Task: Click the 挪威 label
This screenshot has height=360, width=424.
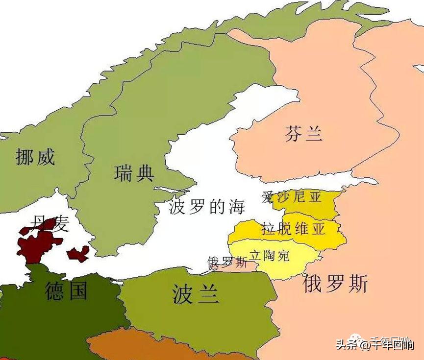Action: (35, 157)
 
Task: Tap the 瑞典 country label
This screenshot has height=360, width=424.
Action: (134, 173)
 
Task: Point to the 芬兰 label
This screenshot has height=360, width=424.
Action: (304, 134)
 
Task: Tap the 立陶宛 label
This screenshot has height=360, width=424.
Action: (270, 255)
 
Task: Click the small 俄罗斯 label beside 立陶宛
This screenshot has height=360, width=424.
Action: (227, 262)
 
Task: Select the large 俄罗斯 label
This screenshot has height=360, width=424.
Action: (335, 284)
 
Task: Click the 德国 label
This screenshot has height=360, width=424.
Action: (66, 290)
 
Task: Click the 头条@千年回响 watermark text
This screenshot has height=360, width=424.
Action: (374, 344)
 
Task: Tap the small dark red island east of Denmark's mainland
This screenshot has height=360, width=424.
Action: (78, 254)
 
